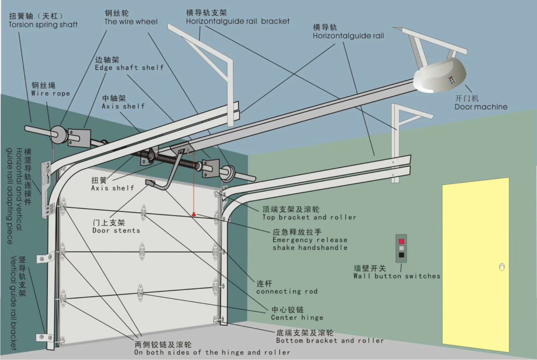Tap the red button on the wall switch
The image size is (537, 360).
coord(401,241)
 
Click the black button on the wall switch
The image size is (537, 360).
coord(401,255)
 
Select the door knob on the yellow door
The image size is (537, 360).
coord(502,267)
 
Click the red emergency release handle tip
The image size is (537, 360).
coord(194,214)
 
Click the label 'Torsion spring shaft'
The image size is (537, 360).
coord(43,25)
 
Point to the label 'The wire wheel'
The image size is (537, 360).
coord(131,22)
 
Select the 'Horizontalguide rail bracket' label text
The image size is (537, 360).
coord(237,21)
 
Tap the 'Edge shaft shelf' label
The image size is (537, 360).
coord(129,68)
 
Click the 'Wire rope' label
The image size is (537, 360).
coord(51,94)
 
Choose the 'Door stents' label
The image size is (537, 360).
coord(116,231)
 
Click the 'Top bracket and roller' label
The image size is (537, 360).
coord(309,217)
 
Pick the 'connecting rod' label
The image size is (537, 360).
coord(287,291)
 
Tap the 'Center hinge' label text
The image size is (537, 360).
coord(297,318)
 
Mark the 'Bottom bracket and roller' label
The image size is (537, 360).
coord(330,341)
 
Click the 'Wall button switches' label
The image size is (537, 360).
coord(397,276)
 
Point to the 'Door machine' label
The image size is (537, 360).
coord(481,107)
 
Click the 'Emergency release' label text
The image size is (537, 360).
coord(310,240)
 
